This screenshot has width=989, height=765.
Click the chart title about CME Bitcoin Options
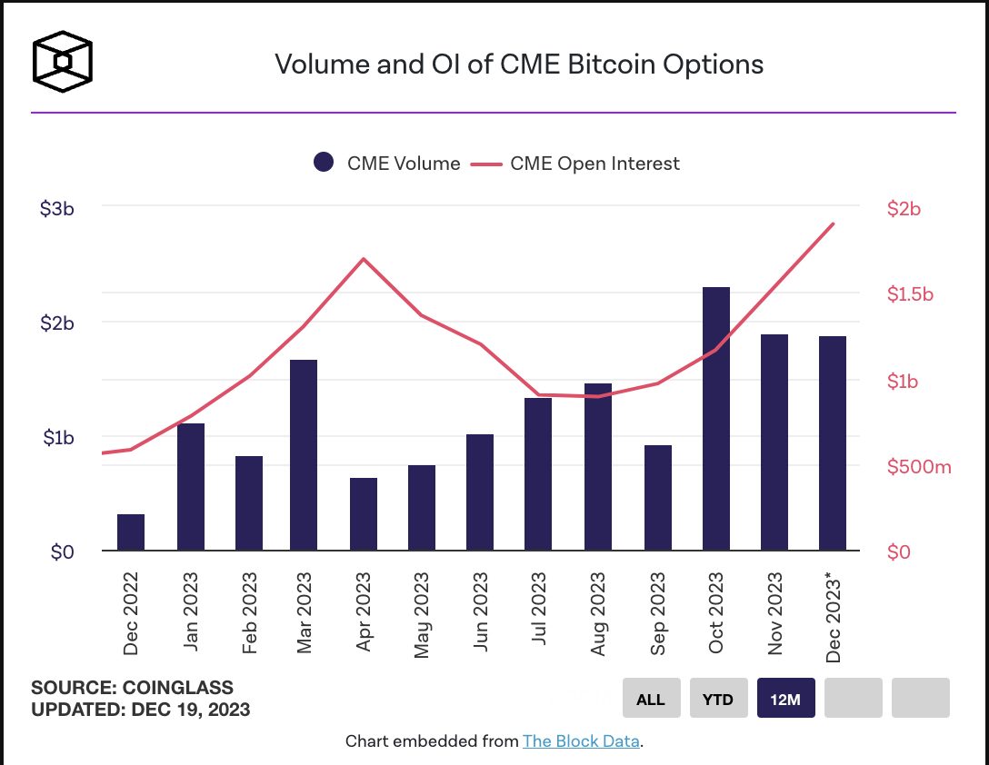coord(519,65)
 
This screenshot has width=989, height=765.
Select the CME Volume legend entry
coord(387,164)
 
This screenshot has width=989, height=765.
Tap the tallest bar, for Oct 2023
coord(716,419)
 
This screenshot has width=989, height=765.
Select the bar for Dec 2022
coord(131,532)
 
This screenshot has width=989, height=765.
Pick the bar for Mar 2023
coord(304,455)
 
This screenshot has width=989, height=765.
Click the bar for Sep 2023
coord(657,498)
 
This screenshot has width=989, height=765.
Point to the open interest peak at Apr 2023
coord(364,259)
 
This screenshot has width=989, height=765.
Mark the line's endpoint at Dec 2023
coord(833,224)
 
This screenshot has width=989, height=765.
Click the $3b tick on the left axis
coord(57,208)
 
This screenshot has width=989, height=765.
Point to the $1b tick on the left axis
coord(57,437)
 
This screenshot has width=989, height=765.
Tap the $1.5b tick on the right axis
coord(910,294)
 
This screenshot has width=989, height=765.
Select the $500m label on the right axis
coord(918,467)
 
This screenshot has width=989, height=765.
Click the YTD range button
coord(718,699)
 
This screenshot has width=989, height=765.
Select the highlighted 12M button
coord(785,699)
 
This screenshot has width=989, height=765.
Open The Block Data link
coord(581,741)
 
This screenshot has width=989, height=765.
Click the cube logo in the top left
coord(62,63)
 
